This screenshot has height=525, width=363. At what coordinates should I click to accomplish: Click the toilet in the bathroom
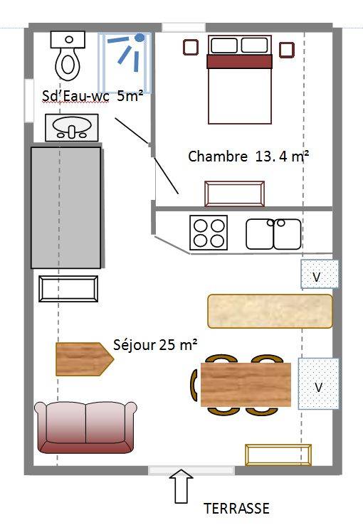68,55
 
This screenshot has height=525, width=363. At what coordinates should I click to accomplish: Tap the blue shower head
140,38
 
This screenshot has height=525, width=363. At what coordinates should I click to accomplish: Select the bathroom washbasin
72,127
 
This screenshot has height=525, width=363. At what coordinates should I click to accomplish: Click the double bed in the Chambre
239,80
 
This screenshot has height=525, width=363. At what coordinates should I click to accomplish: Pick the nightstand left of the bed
191,47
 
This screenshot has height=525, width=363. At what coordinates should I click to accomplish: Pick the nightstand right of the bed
287,50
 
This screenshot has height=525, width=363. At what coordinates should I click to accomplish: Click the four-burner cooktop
209,233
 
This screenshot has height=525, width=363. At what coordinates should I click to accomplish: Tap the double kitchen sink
273,234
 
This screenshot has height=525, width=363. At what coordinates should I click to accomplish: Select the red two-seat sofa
85,428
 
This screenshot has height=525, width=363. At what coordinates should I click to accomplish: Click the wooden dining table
246,384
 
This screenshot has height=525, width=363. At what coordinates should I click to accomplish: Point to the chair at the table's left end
194,385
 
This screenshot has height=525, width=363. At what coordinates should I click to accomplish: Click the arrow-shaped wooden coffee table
85,359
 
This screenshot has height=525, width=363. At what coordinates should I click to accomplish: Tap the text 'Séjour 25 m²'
155,344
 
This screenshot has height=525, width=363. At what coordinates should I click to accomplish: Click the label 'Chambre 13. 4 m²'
248,157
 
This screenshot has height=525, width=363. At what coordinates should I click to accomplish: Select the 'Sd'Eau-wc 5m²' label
93,96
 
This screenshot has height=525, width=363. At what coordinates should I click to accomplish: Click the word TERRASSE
236,508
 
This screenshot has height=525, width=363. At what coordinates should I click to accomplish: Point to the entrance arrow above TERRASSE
181,486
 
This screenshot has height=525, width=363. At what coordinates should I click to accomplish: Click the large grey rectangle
66,208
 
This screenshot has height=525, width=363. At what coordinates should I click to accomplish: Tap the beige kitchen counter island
270,311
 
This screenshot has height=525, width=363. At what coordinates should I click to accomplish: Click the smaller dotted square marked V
320,274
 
